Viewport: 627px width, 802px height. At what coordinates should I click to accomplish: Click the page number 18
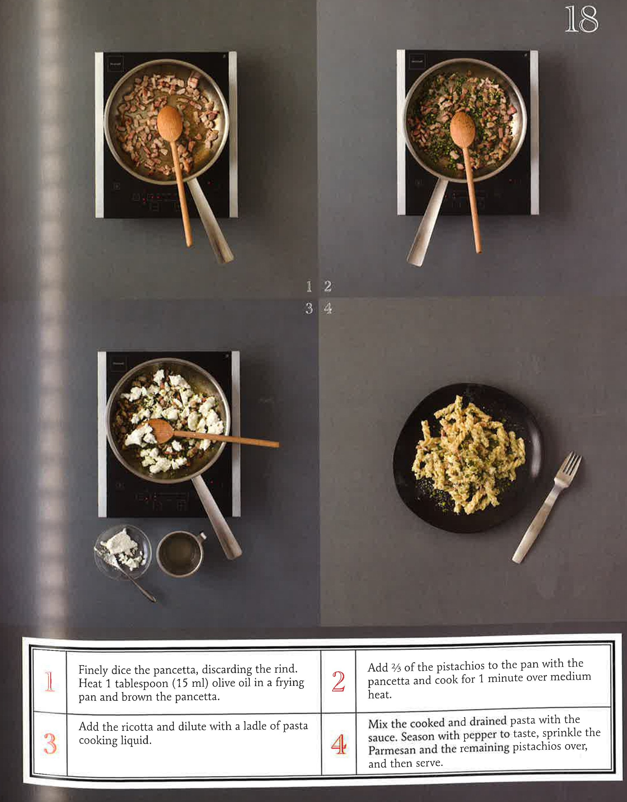(581, 20)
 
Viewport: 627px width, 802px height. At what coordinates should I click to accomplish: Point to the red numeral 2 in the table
(338, 681)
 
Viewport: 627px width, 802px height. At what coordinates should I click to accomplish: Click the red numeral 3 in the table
(50, 744)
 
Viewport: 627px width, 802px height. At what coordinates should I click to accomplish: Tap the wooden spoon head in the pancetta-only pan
(169, 123)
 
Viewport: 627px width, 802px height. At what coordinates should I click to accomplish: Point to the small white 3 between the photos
(309, 308)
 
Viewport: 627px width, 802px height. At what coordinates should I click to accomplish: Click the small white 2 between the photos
(328, 286)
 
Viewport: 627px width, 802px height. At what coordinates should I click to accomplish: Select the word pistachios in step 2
(459, 666)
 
